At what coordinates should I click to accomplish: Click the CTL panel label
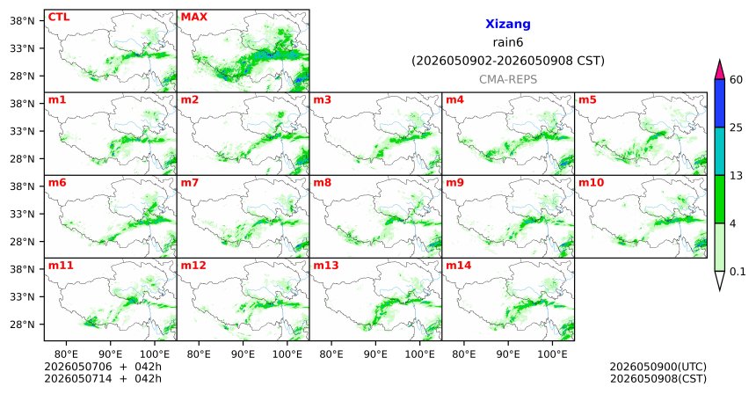point(59,17)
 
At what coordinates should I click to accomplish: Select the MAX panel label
point(193,17)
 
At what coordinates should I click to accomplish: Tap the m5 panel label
point(587,100)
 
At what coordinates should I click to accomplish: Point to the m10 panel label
point(591,183)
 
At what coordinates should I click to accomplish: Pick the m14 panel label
point(459,266)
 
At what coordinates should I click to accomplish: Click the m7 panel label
point(190,183)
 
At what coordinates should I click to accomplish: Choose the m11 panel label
point(61,266)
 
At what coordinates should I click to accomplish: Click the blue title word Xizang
point(508,24)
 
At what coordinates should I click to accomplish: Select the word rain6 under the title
point(508,42)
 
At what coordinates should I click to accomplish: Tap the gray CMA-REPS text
point(508,79)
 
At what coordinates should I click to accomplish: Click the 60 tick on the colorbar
point(737,79)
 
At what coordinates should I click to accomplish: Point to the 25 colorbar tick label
point(737,128)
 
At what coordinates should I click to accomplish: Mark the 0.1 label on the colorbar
point(738,272)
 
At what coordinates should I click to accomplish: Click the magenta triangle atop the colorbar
point(720,70)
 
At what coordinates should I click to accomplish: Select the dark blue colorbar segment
point(720,103)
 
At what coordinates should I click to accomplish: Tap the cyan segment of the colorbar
point(720,151)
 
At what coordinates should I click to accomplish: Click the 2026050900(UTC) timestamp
point(658,367)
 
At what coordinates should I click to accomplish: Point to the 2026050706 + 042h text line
point(103,367)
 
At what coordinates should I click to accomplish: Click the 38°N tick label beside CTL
point(22,21)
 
